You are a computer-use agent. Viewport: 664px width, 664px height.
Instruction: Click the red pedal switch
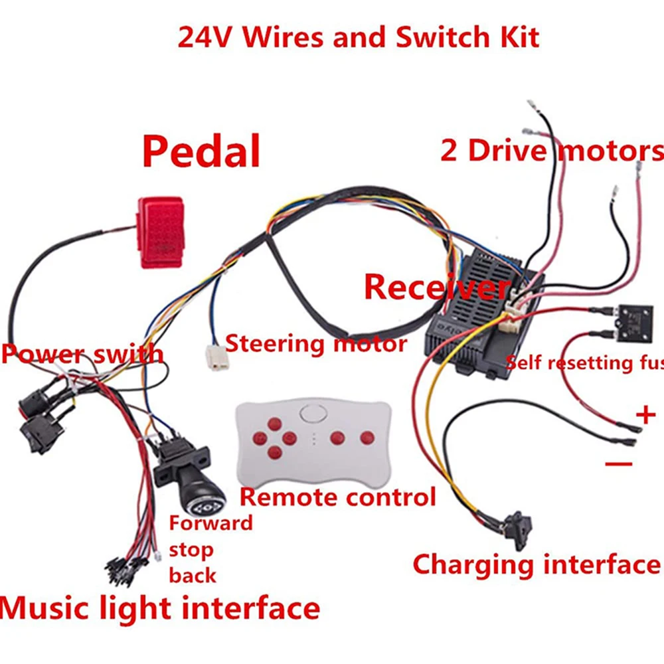pos(160,231)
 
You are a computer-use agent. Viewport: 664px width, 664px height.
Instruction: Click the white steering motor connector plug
pos(216,358)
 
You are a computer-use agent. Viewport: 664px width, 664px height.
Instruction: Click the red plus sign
pos(645,416)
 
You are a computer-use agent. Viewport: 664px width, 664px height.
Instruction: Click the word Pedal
pos(201,151)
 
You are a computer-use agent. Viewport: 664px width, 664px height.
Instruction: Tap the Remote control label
pos(337,496)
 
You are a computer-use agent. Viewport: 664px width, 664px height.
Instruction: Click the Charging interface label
pos(536,564)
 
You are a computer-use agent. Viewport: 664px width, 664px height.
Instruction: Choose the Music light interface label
pos(159,608)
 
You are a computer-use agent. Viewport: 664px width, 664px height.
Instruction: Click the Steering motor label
pos(316,343)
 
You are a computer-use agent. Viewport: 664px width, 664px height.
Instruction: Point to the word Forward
pos(210,523)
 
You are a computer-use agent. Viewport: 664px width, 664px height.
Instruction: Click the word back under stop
pos(193,574)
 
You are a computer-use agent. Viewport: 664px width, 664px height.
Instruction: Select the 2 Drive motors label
pos(551,151)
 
